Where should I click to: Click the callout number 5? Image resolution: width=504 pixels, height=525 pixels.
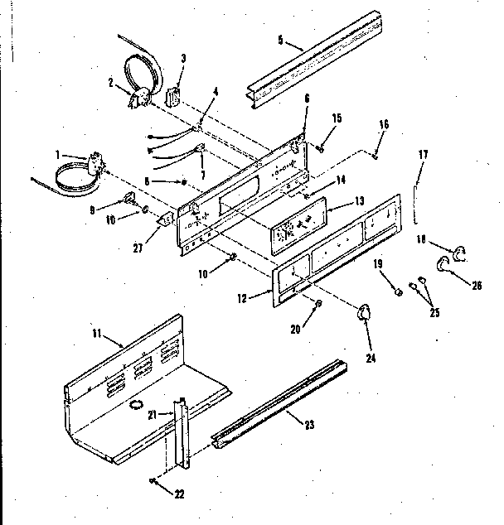280,40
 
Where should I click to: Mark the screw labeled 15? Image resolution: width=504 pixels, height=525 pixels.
320,148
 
